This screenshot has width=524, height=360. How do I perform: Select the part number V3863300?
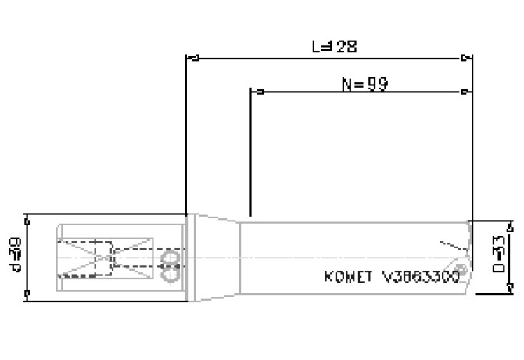point(420,277)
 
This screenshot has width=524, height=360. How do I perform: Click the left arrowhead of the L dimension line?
point(191,57)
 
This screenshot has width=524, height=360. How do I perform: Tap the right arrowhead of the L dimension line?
point(468,57)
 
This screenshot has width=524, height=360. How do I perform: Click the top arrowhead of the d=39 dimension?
point(28,218)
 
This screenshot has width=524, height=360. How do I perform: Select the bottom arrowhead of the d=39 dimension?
point(28,294)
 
